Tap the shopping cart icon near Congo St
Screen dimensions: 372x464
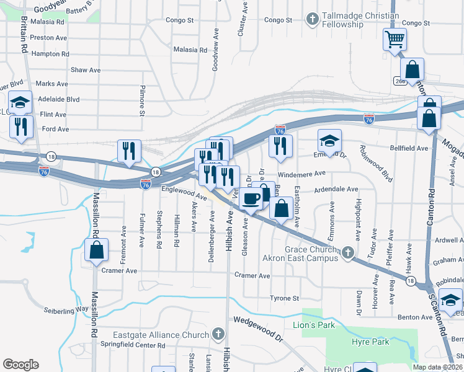395,40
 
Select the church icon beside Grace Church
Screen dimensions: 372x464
348,252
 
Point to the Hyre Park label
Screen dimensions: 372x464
372,342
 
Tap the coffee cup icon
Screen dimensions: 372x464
251,200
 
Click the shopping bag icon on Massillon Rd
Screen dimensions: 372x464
96,250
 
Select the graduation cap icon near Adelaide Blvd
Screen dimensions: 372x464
20,102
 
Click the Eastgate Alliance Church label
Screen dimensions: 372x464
161,335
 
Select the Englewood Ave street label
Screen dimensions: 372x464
184,193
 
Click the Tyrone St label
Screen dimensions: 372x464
285,298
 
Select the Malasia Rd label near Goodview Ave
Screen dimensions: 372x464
190,49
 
